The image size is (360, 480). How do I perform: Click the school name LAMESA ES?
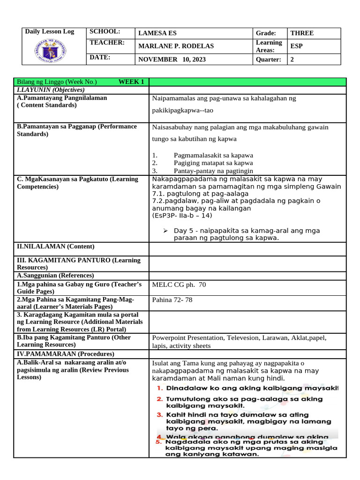point(157,33)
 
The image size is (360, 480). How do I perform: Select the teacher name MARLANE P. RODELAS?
point(176,46)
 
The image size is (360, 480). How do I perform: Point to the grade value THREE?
point(302,33)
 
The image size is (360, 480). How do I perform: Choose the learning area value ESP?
point(297,46)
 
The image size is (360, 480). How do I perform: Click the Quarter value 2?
point(292,60)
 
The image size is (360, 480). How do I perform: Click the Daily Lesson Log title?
point(49,32)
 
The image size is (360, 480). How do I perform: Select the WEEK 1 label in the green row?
point(131,82)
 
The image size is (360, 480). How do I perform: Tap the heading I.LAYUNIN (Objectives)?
point(50,90)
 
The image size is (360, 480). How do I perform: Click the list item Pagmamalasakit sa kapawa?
point(213,155)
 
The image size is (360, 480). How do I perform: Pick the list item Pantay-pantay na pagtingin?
point(217,171)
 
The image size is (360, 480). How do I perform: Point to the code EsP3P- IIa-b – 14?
point(182,216)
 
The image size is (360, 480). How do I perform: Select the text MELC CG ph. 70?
point(179,285)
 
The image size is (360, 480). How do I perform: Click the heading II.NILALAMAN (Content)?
point(55,247)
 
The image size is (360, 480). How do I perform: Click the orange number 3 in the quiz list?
point(160,414)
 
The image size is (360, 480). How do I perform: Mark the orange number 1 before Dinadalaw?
point(160,388)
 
